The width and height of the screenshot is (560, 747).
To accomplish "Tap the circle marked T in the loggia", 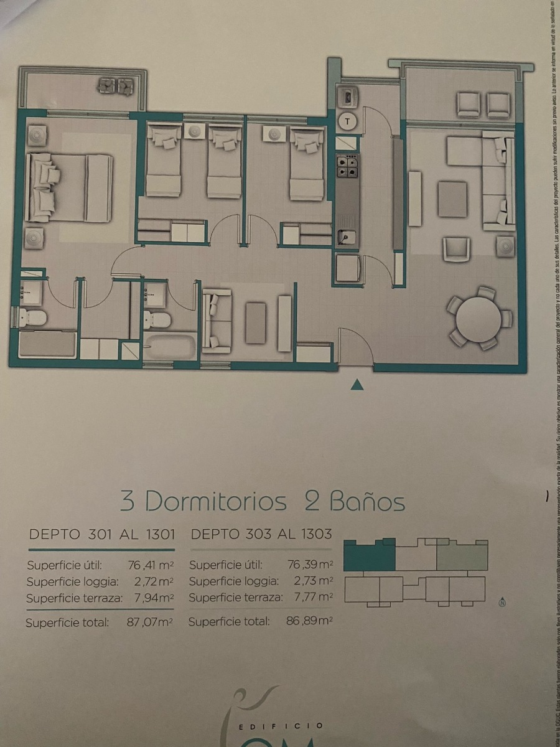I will pyautogui.click(x=347, y=121).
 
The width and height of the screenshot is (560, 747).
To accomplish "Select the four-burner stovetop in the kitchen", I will pyautogui.click(x=347, y=166).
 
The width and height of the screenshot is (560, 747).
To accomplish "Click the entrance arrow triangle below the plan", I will pyautogui.click(x=357, y=385).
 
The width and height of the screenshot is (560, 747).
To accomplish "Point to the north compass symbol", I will pyautogui.click(x=502, y=602).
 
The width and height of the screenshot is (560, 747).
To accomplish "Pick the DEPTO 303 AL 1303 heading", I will pyautogui.click(x=260, y=534).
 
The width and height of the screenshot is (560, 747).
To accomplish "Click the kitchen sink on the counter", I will pyautogui.click(x=347, y=237).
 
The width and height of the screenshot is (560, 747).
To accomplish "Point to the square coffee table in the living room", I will pyautogui.click(x=452, y=199).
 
